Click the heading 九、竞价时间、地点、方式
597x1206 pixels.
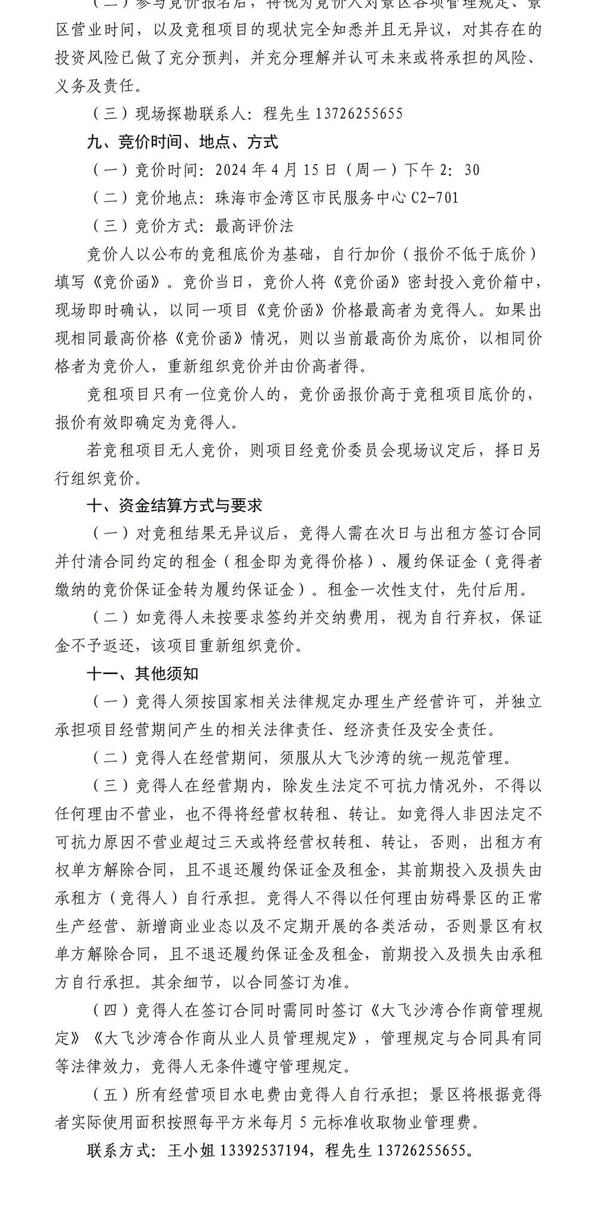(182, 141)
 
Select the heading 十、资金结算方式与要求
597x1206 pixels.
(174, 506)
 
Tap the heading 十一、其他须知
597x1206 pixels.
(143, 673)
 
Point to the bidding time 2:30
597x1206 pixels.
(460, 170)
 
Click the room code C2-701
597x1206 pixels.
(434, 198)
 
